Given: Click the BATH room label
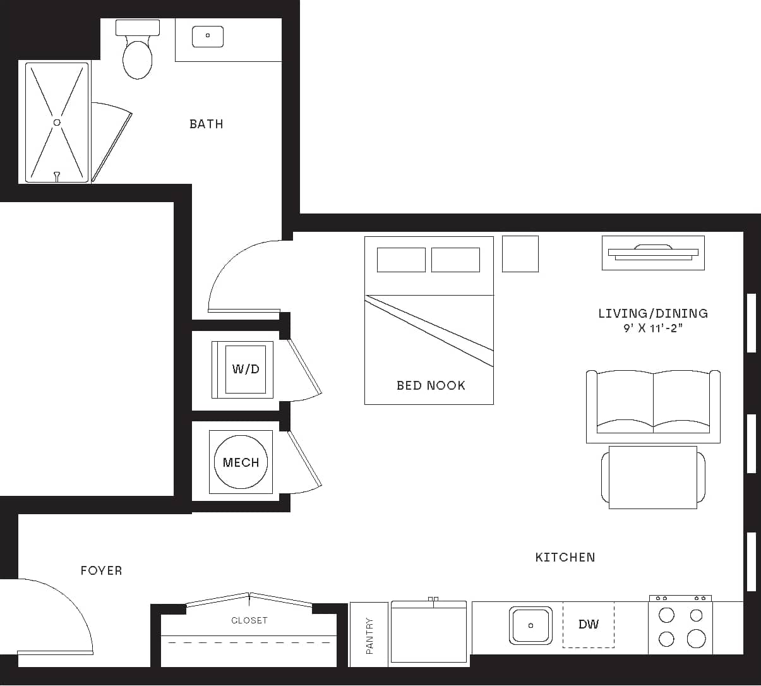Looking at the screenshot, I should pyautogui.click(x=206, y=124).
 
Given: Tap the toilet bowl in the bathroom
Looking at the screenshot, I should pyautogui.click(x=137, y=59).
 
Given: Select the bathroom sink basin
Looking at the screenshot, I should pyautogui.click(x=207, y=36).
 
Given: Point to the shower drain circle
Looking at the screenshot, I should pyautogui.click(x=57, y=123).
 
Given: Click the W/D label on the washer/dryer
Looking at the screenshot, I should pyautogui.click(x=246, y=369).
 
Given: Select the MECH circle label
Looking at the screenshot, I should pyautogui.click(x=241, y=462).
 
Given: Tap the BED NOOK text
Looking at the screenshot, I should pyautogui.click(x=431, y=385).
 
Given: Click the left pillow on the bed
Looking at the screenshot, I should pyautogui.click(x=401, y=260).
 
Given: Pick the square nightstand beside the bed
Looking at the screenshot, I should pyautogui.click(x=520, y=254).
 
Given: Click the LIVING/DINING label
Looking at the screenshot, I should pyautogui.click(x=653, y=313).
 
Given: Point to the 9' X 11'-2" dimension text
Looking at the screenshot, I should pyautogui.click(x=653, y=328).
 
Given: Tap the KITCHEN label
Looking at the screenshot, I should pyautogui.click(x=565, y=557).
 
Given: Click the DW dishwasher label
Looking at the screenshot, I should pyautogui.click(x=588, y=625).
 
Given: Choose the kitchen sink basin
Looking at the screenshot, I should pyautogui.click(x=530, y=625).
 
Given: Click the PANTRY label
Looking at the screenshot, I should pyautogui.click(x=369, y=635).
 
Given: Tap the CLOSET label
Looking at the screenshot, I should pyautogui.click(x=249, y=620).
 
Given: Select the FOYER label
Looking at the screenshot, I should pyautogui.click(x=101, y=570).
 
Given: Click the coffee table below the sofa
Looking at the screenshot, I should pyautogui.click(x=653, y=478).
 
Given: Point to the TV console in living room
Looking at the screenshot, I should pyautogui.click(x=653, y=253).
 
